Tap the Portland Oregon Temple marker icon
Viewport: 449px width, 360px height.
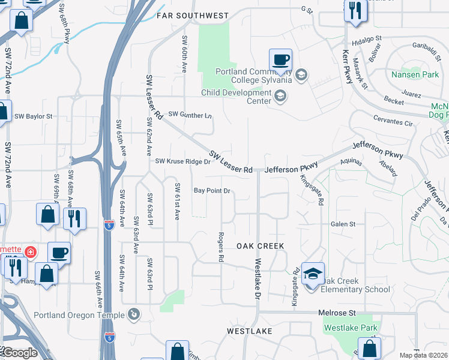[x=133, y=314]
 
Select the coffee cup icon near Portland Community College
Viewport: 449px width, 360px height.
[x=280, y=60]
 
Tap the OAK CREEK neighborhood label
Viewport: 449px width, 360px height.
[x=260, y=246]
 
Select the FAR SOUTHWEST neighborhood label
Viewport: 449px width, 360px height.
[x=193, y=15]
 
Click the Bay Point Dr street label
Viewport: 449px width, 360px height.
[x=212, y=191]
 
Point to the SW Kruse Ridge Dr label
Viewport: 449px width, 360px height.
[x=183, y=161]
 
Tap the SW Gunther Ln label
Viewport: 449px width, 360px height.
[x=190, y=114]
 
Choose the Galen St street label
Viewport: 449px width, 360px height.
[x=343, y=224]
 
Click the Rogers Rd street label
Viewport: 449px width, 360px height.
[x=221, y=247]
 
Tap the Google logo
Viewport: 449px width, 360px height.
[x=20, y=352]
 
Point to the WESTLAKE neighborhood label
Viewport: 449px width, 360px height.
[x=250, y=331]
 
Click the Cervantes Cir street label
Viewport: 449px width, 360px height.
[x=393, y=123]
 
